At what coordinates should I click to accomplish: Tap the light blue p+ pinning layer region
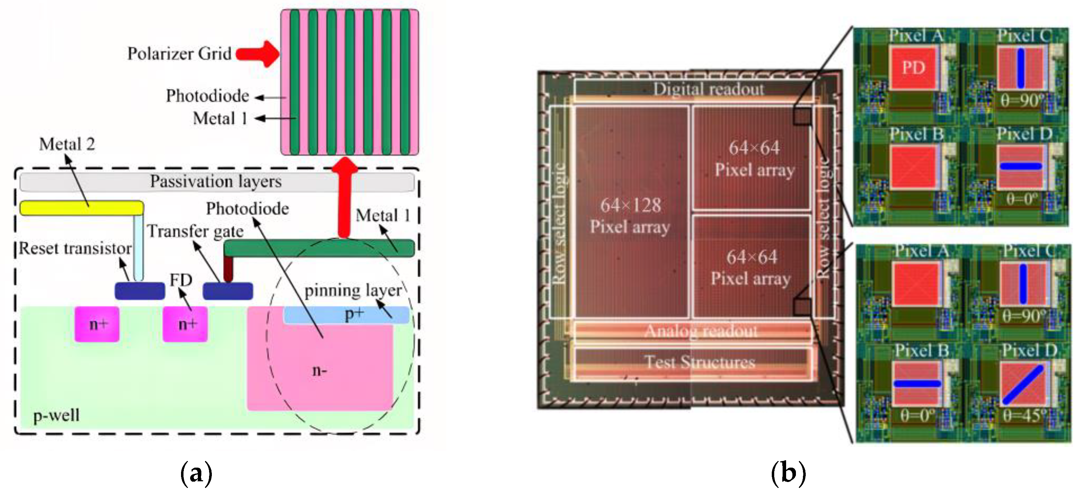346,315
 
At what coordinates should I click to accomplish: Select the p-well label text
56,415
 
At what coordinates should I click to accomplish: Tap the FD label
181,280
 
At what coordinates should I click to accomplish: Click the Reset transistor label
75,248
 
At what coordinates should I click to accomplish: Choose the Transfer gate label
195,231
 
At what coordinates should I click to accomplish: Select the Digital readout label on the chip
708,89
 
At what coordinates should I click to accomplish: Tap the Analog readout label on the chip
701,331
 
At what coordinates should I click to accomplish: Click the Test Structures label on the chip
700,362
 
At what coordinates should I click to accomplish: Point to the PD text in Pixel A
914,68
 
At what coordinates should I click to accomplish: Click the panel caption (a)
196,473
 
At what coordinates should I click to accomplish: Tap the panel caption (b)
788,473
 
